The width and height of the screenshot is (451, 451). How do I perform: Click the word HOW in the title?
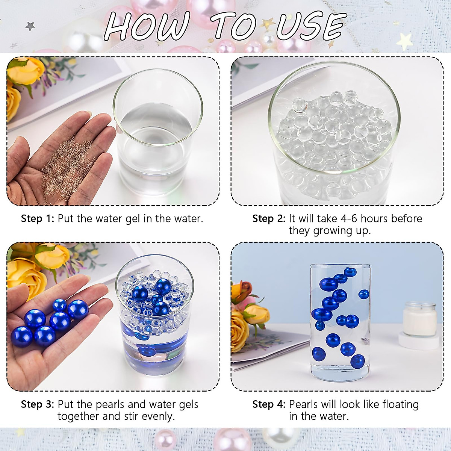pyautogui.click(x=147, y=26)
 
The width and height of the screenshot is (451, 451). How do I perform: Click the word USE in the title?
pyautogui.click(x=310, y=26)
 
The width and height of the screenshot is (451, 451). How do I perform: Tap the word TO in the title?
pyautogui.click(x=235, y=26)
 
